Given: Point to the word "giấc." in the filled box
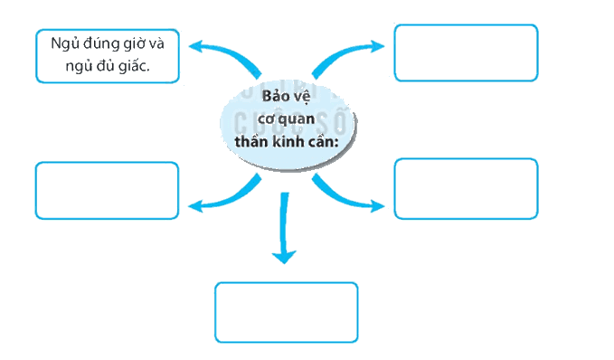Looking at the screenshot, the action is point(134,66).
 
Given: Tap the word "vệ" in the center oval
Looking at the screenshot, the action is point(301,97).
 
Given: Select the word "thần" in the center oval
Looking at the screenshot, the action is point(251,141).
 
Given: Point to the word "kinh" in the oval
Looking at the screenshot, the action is point(288,141).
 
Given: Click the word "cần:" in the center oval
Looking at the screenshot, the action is point(323,141).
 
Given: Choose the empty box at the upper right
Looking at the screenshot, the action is point(466,52).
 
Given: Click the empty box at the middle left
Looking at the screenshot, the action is point(107,190).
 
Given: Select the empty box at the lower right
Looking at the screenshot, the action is point(466,189).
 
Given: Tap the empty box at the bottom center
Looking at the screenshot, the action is point(287,312).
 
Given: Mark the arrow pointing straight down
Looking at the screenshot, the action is point(284,227).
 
